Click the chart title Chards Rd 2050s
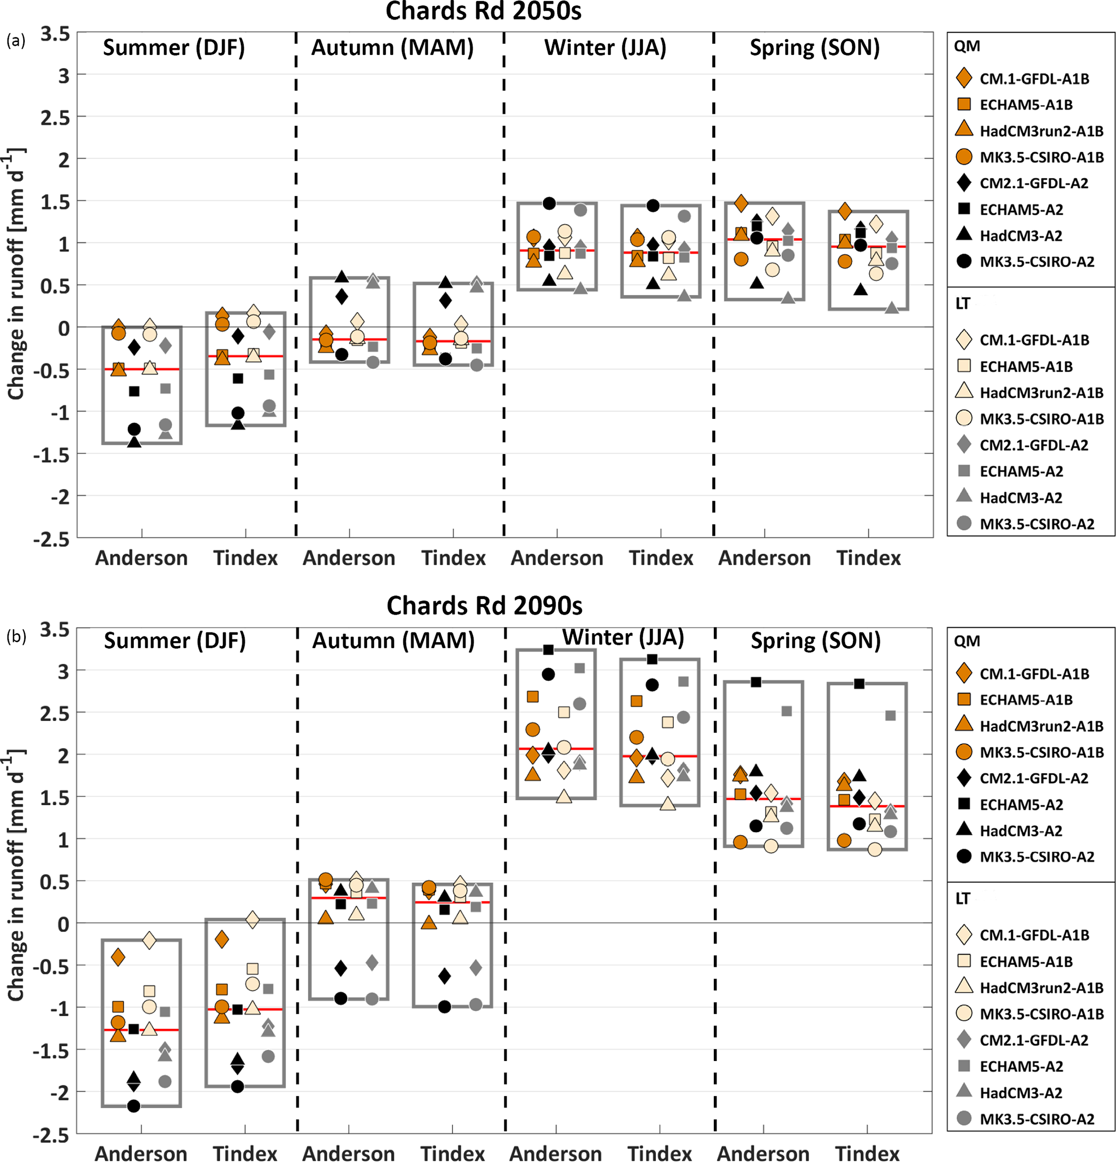483,11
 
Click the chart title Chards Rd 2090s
484,606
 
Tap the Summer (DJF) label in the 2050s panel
174,47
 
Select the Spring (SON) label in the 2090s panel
815,640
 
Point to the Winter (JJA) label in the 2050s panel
605,47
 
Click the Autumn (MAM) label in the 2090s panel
393,640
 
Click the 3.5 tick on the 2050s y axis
55,35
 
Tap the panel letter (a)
16,40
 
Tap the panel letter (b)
16,636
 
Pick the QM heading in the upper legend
966,46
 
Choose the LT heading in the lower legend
963,899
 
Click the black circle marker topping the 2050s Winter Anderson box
549,203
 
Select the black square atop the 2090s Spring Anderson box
756,682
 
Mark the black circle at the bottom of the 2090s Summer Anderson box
134,1106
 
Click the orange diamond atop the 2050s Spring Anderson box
741,203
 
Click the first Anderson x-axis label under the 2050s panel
141,558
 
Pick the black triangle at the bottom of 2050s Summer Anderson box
134,441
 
